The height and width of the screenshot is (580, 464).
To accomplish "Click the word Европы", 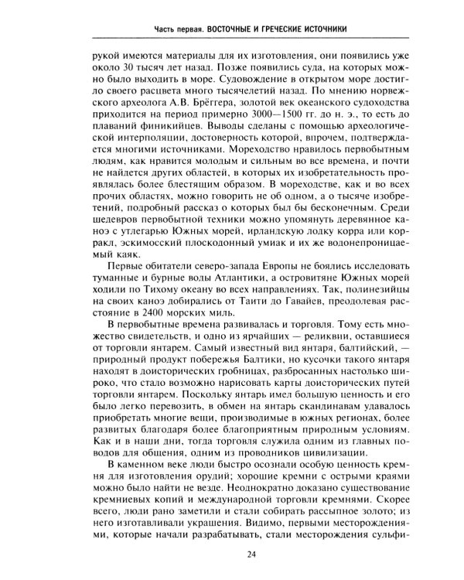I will coord(263,266).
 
